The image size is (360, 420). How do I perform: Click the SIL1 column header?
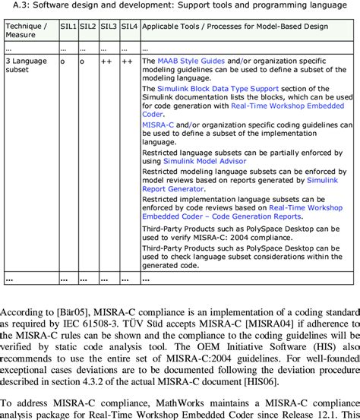click(69, 26)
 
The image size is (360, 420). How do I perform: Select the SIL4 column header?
click(128, 26)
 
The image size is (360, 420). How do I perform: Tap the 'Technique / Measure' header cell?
click(28, 30)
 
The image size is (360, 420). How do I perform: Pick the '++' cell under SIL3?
click(109, 60)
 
